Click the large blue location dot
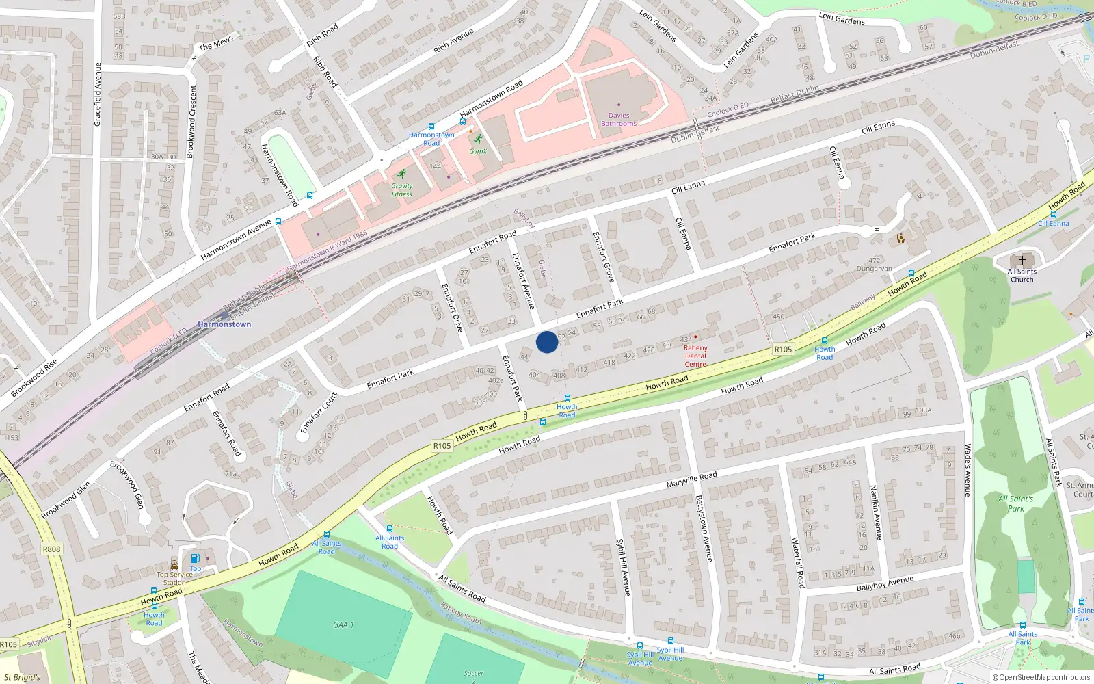point(546,342)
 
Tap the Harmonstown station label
point(224,324)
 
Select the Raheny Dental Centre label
point(695,356)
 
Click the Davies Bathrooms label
point(619,120)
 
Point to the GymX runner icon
point(478,140)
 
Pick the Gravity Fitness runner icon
point(401,174)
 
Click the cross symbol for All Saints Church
point(1022,261)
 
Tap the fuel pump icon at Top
point(195,558)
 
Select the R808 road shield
point(51,549)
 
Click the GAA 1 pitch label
point(343,624)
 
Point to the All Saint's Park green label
point(1016,503)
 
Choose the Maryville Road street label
point(692,479)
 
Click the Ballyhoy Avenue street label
point(885,583)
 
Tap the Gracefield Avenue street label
point(98,94)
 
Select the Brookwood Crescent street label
point(193,122)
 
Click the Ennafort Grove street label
point(603,256)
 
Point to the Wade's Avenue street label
point(968,470)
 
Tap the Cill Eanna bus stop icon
point(1053,214)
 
